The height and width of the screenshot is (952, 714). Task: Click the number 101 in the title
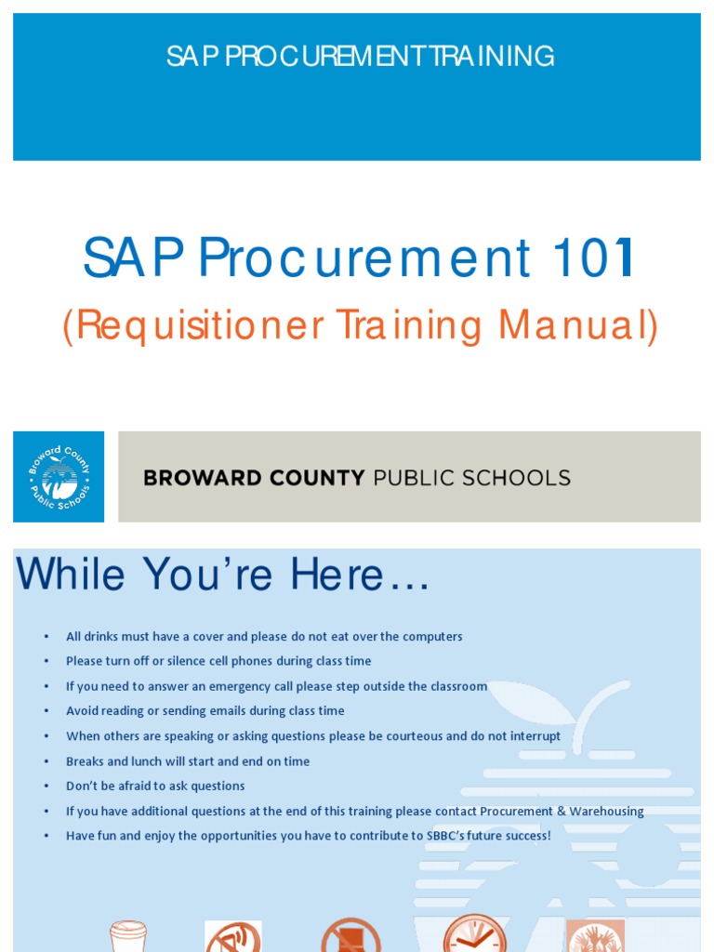[x=588, y=258]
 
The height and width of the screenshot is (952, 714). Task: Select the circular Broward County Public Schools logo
[x=59, y=476]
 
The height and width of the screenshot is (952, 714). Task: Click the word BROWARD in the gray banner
[x=201, y=479]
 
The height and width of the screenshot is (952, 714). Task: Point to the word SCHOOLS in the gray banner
[x=523, y=479]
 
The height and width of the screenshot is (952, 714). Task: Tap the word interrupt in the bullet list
[x=534, y=736]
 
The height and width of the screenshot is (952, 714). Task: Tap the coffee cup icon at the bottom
[x=128, y=935]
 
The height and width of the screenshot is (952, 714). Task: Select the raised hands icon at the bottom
[x=595, y=936]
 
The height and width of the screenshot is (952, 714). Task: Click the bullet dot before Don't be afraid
[x=46, y=787]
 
